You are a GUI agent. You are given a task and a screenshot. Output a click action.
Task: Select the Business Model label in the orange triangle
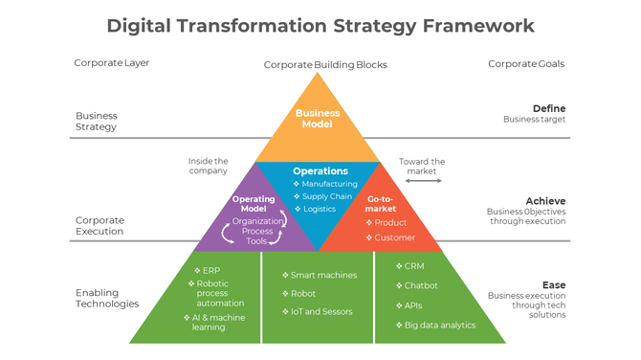(318, 119)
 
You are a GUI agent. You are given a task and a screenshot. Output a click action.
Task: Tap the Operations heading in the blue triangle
(320, 171)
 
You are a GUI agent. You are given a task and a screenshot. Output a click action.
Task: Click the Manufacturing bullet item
(329, 184)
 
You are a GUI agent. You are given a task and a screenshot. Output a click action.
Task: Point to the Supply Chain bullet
(327, 196)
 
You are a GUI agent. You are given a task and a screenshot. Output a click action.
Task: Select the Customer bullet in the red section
(394, 236)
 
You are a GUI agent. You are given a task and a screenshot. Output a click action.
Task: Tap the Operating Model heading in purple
(254, 204)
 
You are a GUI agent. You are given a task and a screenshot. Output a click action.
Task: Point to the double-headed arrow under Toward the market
(422, 180)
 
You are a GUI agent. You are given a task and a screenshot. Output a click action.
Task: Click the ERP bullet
(213, 270)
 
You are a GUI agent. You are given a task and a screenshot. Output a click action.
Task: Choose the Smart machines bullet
(323, 276)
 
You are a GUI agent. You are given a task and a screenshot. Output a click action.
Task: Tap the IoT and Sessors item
(321, 311)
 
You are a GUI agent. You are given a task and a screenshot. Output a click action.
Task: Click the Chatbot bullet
(421, 285)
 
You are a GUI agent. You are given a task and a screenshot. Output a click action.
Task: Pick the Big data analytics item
(439, 326)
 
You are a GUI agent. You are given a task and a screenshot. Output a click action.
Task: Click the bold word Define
(549, 108)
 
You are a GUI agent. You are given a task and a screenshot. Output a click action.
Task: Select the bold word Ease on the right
(554, 285)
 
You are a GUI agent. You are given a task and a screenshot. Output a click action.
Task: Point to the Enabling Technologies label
(107, 298)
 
